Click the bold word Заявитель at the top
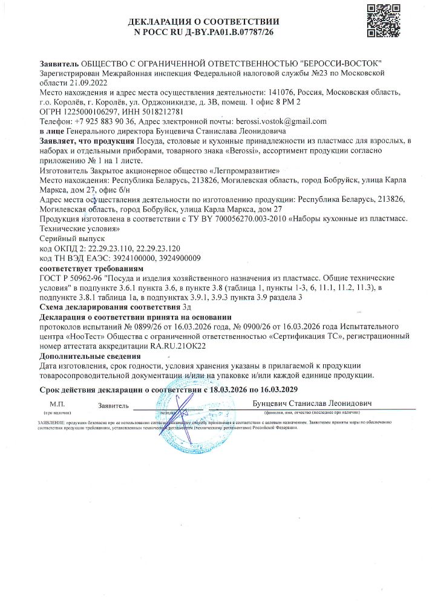tap(59, 63)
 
